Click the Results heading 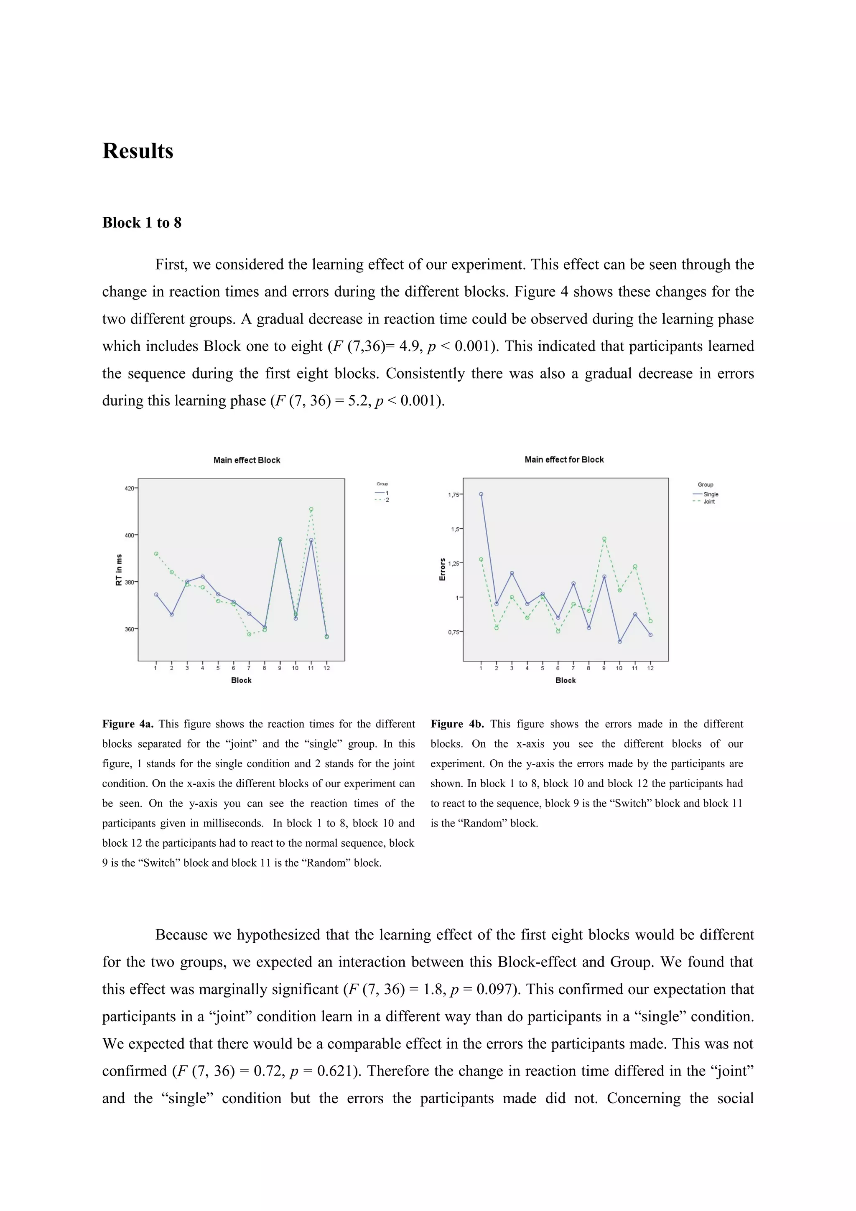(138, 151)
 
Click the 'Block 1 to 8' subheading (141, 223)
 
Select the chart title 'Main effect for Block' (564, 459)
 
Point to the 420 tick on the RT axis (129, 488)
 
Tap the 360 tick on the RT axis (129, 629)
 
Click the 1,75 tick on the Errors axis (453, 495)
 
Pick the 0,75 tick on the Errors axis (453, 632)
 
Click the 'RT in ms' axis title (119, 570)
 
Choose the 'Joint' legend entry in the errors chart (709, 501)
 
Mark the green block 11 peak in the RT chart (311, 509)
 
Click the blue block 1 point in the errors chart (481, 494)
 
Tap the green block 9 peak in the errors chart (604, 539)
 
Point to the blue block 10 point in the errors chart (620, 642)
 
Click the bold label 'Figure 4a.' (127, 724)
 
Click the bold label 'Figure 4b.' (457, 724)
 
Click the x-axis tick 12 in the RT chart (326, 668)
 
